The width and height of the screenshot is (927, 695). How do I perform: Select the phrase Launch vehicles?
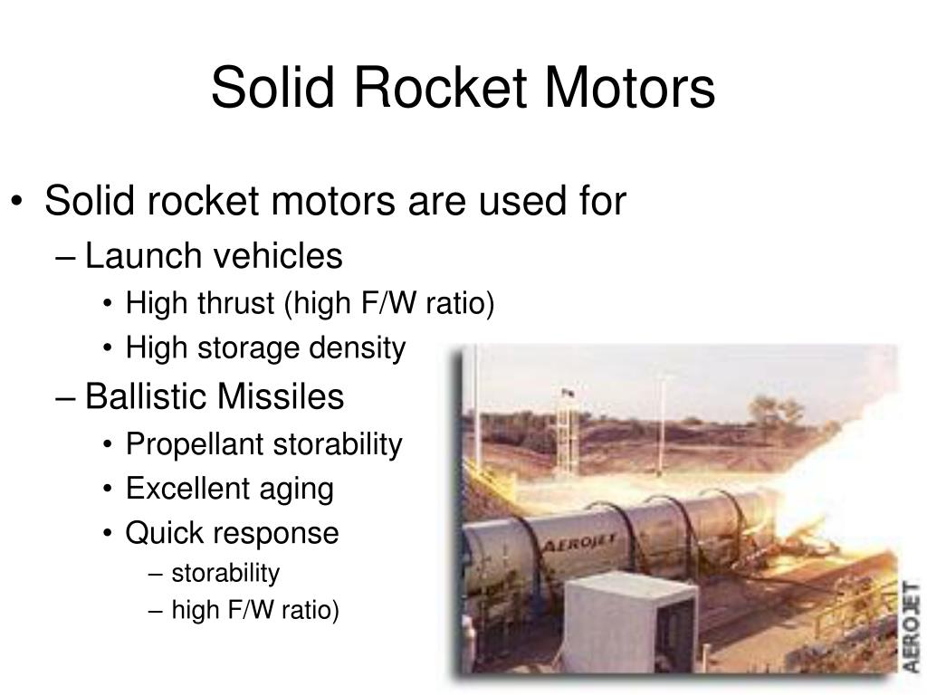coord(214,257)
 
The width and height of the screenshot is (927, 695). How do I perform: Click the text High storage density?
coord(265,347)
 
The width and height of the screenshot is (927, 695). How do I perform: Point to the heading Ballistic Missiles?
coord(215,397)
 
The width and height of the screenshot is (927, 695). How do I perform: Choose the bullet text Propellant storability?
coord(263,444)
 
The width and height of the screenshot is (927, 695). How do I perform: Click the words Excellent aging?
coord(229,489)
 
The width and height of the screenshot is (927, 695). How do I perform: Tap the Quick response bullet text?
coord(232,533)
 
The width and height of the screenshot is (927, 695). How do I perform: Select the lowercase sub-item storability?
coord(225,574)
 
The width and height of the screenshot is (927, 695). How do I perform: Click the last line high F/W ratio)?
coord(255,613)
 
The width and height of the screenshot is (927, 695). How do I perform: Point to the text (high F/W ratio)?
coord(389,303)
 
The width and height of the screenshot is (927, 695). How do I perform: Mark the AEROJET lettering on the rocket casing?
coord(579,542)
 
